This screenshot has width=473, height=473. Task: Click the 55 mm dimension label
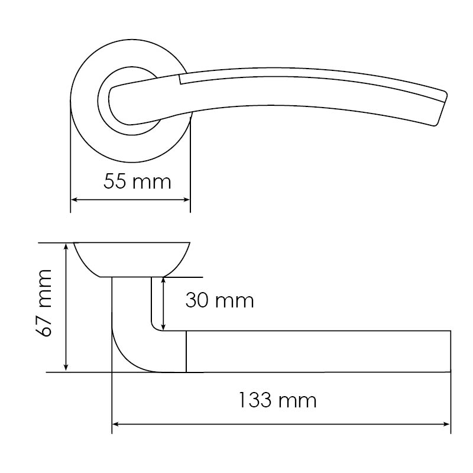coord(137,182)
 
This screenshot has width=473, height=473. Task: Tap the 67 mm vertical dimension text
coord(44,303)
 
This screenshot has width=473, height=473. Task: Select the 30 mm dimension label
coord(219,300)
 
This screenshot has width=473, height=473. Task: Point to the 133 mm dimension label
coord(277,400)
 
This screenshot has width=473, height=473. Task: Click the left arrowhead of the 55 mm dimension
coord(74,200)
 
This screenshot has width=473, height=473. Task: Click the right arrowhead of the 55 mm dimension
coord(186,200)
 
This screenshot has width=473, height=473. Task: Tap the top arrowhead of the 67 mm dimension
coord(66,246)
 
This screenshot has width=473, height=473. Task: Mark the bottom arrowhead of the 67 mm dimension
coord(66,367)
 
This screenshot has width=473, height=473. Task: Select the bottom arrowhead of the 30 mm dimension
coord(164,326)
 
